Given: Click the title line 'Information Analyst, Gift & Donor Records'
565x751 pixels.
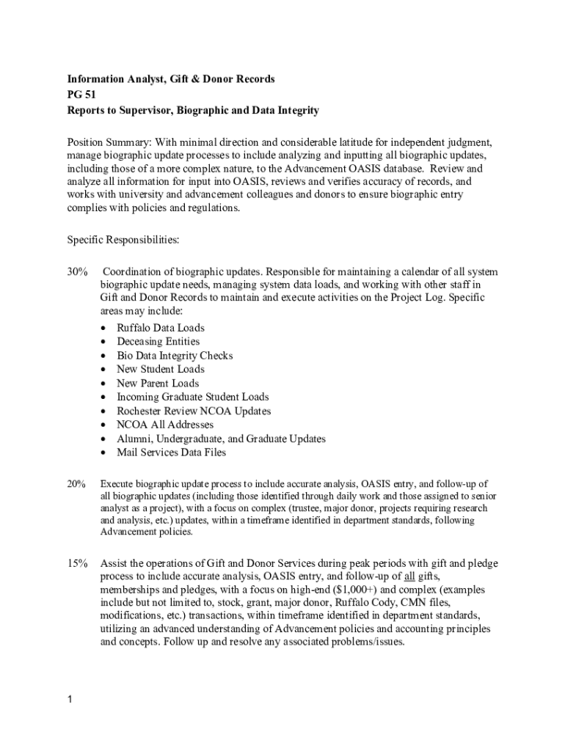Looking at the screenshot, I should coord(171,79).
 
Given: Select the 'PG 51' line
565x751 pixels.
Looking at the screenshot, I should coord(81,95).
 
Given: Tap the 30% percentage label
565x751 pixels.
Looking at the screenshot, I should coord(78,272).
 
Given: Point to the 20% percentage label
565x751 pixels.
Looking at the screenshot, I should coord(77,484).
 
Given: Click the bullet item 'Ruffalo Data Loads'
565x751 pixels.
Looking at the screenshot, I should coord(161,328).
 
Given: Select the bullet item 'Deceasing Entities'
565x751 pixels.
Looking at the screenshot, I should coord(158,342).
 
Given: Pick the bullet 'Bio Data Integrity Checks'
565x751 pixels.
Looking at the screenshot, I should coord(175,356).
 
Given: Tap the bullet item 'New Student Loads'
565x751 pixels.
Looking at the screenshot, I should coord(160,370).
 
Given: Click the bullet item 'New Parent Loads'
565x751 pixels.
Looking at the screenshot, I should coord(158,384).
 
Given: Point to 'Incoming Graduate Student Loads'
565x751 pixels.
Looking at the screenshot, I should coord(193,398).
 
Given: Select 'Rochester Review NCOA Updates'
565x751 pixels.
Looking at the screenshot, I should coord(194,411).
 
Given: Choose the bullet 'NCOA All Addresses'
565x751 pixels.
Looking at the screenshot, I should coord(165,425).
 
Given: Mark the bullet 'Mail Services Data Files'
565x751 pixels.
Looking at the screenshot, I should coord(172,453).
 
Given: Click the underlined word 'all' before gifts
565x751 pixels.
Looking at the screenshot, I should coord(410,576).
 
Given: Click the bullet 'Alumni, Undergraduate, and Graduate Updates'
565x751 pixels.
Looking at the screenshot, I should coord(221,439).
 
